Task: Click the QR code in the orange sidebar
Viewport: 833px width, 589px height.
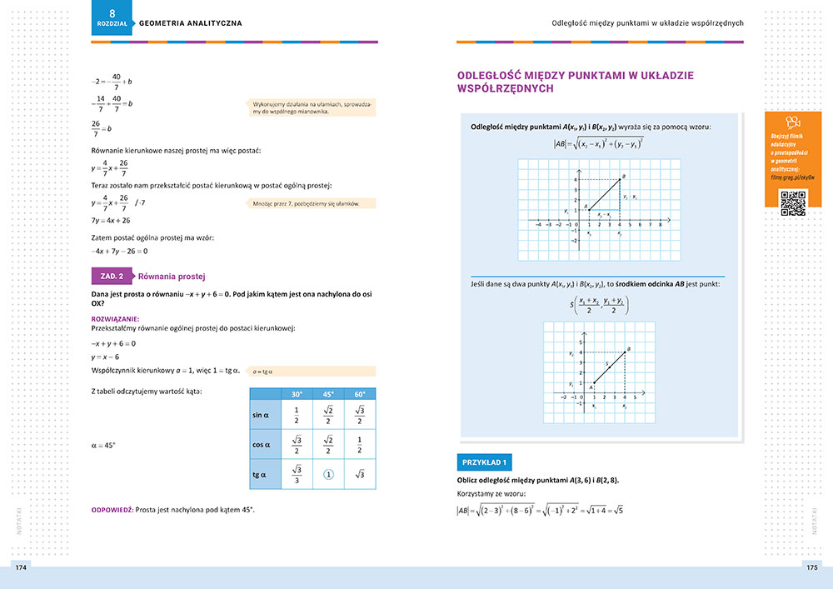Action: pos(792,202)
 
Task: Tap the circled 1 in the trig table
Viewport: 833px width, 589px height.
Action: pos(328,475)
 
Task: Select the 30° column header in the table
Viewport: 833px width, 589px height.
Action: pos(297,394)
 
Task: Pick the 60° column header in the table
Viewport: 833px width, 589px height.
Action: pos(360,394)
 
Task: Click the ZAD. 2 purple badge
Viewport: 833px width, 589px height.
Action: pos(111,276)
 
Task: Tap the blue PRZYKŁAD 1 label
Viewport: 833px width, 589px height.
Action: pos(484,462)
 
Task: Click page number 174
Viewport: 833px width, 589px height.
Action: pos(22,567)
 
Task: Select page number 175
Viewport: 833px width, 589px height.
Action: pos(811,567)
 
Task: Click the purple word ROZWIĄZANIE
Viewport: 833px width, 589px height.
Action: pos(115,318)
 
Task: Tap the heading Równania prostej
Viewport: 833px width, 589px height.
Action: pos(172,276)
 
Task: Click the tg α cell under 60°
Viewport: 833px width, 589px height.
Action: pos(360,475)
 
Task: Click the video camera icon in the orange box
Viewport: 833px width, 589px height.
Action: pos(793,123)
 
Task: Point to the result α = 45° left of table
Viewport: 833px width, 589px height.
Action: pos(103,445)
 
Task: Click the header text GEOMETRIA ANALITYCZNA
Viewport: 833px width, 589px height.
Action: pos(191,23)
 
